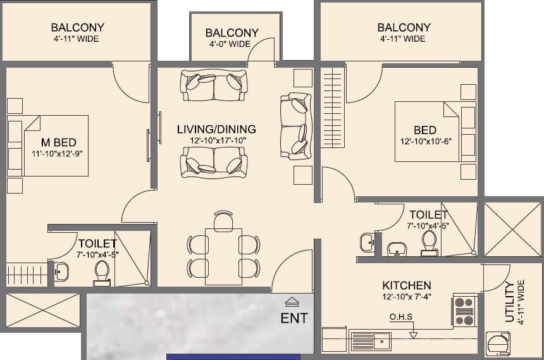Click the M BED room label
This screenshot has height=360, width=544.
[58, 142]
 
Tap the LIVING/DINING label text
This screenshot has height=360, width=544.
[216, 129]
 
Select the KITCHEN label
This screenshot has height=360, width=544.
[406, 285]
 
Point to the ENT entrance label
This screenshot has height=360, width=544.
[294, 318]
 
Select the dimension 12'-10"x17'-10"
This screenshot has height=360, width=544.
[216, 140]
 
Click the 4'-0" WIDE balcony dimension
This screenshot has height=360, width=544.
[232, 44]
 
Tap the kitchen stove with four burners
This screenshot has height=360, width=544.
[464, 311]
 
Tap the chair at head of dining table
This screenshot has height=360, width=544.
[223, 220]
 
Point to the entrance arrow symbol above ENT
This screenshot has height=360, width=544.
[291, 302]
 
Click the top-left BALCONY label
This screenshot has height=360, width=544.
[77, 28]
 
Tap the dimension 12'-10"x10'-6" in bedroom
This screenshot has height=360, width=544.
[424, 142]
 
